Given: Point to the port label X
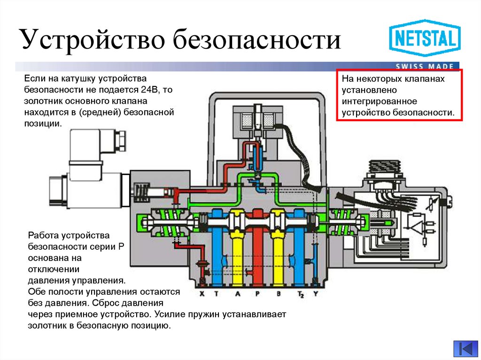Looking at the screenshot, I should coord(202,294).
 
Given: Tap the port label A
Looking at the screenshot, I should coord(237,294).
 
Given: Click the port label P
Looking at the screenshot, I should coord(257,294).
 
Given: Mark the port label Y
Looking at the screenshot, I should coord(316,294).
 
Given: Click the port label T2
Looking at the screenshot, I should coord(300,295).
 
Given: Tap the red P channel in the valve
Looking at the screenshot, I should coord(257,253).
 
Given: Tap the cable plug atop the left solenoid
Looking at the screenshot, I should coord(96,143).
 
